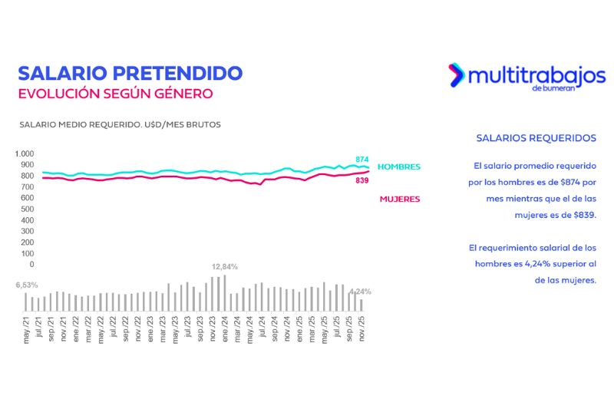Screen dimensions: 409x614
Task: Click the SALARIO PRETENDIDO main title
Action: tap(130, 74)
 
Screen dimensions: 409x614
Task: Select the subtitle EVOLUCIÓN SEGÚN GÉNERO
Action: tap(115, 94)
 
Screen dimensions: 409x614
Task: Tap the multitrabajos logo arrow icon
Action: tap(457, 74)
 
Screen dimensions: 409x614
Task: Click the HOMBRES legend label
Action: tap(399, 167)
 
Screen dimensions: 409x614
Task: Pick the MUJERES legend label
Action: tap(400, 200)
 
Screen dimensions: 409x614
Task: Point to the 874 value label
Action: tap(362, 159)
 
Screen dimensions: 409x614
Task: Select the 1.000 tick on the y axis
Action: tap(25, 153)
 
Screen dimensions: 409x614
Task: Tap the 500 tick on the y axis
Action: tap(28, 209)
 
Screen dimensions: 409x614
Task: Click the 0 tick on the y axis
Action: tap(31, 265)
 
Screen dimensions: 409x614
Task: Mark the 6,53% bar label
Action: tap(27, 285)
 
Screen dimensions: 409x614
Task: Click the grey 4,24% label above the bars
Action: tap(360, 292)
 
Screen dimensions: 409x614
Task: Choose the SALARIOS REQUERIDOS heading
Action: tap(536, 138)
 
